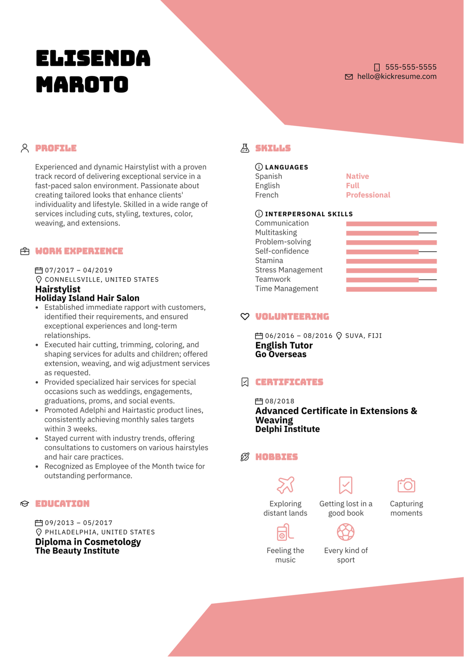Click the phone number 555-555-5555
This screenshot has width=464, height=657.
tap(411, 67)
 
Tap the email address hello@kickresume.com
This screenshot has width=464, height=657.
tap(397, 76)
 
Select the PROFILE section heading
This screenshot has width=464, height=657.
tap(56, 148)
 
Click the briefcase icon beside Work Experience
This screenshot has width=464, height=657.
tap(25, 251)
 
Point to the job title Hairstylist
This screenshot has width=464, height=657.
tap(58, 289)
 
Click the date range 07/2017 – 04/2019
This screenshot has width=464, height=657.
tap(78, 270)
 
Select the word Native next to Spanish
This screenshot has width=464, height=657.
tap(357, 176)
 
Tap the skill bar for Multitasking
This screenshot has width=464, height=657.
tap(391, 233)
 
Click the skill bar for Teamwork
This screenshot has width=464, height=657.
tap(391, 280)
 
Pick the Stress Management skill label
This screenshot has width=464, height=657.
tap(288, 270)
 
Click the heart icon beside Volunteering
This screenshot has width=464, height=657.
tap(245, 317)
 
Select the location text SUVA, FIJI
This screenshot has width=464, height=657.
tap(363, 336)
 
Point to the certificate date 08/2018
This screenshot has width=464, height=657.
tap(280, 401)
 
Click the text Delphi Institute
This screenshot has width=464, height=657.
tap(287, 429)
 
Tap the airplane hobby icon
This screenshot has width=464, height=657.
tap(285, 485)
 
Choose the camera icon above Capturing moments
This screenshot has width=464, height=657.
tap(406, 485)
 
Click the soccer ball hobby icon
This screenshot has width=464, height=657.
tap(346, 532)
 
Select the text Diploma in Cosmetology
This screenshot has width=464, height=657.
tap(88, 542)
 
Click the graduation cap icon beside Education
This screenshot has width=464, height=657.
tap(25, 504)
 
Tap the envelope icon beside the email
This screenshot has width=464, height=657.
tap(348, 77)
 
